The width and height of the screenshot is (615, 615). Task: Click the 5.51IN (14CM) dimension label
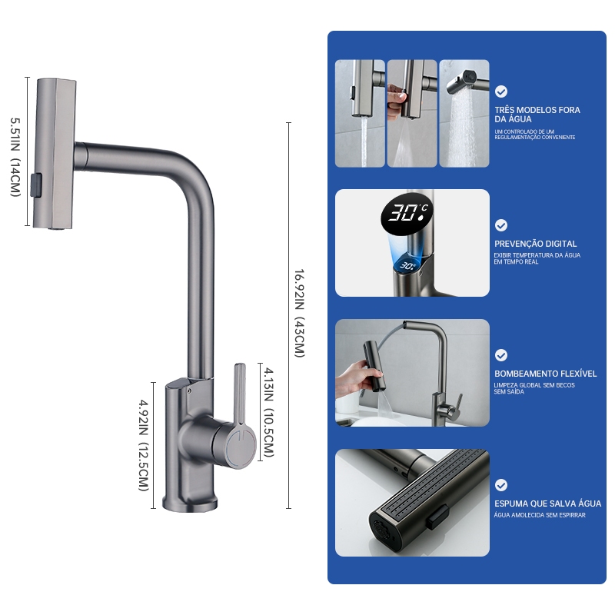(x=15, y=157)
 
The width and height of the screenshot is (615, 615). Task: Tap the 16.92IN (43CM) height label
(x=299, y=314)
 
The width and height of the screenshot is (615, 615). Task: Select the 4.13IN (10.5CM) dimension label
(x=268, y=412)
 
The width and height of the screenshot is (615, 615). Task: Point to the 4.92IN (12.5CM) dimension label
(x=144, y=445)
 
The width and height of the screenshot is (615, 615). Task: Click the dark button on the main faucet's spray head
(x=36, y=185)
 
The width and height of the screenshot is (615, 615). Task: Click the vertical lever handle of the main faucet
(x=240, y=394)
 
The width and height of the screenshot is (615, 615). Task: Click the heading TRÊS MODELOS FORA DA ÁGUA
(x=537, y=115)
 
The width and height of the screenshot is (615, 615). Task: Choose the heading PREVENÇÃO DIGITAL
(x=535, y=244)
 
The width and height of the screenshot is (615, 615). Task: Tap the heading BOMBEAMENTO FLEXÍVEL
(x=545, y=374)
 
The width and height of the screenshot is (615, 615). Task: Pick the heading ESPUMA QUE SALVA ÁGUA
(x=547, y=504)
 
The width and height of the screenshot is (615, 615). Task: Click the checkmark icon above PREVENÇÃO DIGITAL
(x=501, y=225)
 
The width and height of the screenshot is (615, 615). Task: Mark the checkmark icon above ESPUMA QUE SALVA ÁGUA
(x=501, y=485)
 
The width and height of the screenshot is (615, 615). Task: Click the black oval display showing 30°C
(x=407, y=214)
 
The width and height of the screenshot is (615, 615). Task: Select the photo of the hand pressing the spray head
(x=412, y=113)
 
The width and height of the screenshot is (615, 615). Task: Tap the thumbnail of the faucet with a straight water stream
(x=360, y=113)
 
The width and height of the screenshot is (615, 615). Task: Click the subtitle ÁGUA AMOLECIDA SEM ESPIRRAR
(x=540, y=515)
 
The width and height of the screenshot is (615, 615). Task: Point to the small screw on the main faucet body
(x=189, y=391)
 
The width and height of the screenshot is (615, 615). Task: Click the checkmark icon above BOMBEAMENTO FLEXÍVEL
(x=501, y=355)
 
